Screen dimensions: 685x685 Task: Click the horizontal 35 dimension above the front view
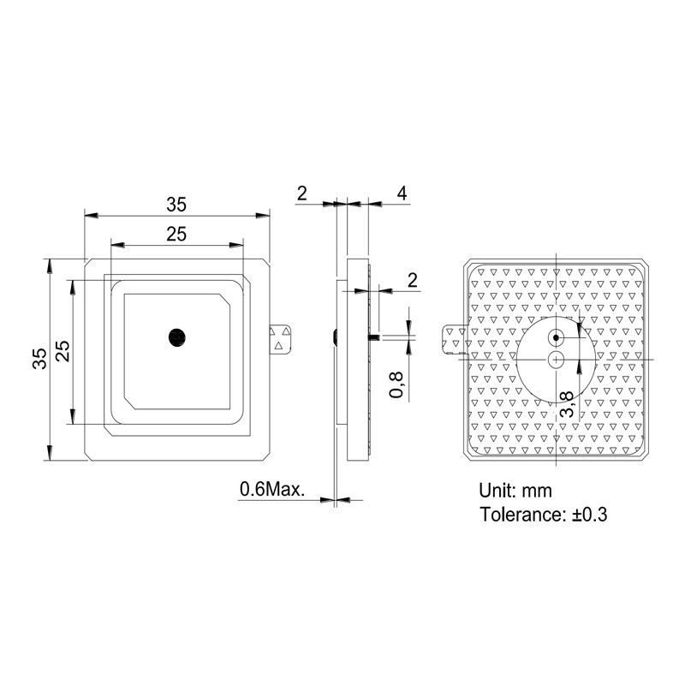point(176,205)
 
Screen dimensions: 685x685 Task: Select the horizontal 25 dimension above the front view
point(176,235)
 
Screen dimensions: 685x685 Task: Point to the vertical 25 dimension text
point(63,351)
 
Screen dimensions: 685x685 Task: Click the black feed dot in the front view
point(177,337)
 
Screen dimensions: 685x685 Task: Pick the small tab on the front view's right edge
point(280,337)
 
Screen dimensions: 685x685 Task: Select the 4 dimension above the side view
point(402,194)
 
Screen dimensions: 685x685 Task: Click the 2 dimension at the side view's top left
point(301,194)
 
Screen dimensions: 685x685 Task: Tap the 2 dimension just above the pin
point(413,280)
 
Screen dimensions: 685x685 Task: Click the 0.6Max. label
point(272,490)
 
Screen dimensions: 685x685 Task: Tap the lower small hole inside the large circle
point(557,360)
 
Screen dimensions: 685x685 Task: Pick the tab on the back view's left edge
point(453,338)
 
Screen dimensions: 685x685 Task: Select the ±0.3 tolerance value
point(587,515)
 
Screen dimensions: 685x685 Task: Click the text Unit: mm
point(515,491)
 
